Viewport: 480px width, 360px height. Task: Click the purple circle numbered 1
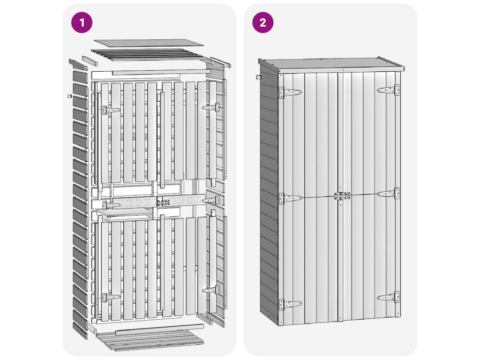82,22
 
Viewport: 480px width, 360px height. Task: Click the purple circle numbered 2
262,22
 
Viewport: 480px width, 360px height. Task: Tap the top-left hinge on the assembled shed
290,92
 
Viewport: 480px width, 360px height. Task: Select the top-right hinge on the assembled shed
389,90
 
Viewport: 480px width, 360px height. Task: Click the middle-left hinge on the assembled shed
290,198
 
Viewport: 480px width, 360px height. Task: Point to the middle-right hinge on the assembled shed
389,194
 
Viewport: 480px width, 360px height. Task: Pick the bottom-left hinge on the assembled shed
290,305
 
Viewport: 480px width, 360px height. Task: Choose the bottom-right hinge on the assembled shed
389,297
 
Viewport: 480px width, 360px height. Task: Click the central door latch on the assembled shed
342,196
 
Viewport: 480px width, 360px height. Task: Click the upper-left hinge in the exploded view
111,110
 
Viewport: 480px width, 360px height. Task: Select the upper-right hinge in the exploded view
211,107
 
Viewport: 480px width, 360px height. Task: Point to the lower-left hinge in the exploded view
111,297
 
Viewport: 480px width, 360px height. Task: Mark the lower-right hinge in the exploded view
211,290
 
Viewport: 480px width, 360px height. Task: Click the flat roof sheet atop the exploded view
149,43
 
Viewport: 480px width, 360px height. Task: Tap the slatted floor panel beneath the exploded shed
150,339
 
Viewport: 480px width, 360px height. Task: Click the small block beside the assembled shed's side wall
258,77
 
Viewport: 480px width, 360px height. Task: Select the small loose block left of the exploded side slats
69,96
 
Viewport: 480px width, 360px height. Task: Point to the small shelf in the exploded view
125,213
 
